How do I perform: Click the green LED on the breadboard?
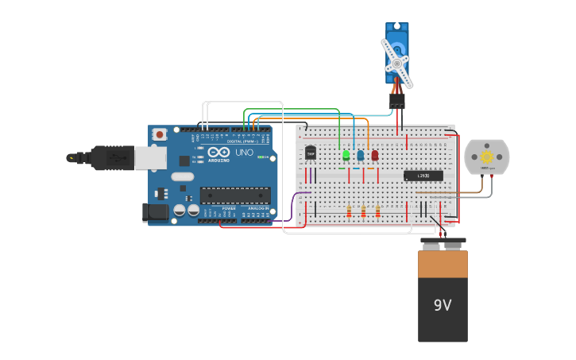346,156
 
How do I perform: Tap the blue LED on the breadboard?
360,156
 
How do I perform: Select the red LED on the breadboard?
374,156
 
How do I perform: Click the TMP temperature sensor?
310,153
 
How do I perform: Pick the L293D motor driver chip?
423,176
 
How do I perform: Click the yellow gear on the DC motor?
486,157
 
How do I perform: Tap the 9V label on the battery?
443,305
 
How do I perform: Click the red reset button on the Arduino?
160,134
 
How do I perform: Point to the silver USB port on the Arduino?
149,158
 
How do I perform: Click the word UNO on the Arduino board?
244,152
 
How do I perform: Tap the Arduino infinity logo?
218,151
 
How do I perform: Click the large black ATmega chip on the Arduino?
234,195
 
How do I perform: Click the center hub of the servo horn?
396,62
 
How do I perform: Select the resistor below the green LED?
349,211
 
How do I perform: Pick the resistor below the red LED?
377,211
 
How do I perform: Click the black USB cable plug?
111,158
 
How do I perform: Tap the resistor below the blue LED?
363,211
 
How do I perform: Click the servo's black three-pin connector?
396,101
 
